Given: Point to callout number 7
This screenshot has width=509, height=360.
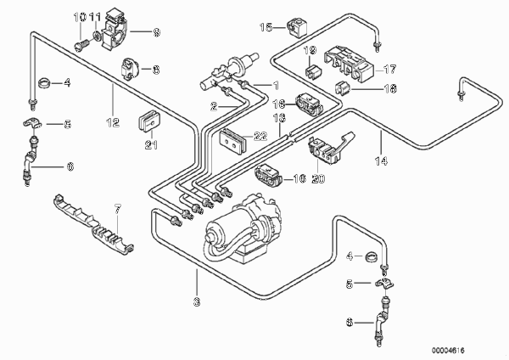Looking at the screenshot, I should click(117, 208).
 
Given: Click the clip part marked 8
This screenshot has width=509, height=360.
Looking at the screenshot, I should click(133, 65).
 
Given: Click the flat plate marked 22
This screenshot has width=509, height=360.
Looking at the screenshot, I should click(230, 139).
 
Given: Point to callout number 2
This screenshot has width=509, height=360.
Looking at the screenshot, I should click(215, 107).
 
